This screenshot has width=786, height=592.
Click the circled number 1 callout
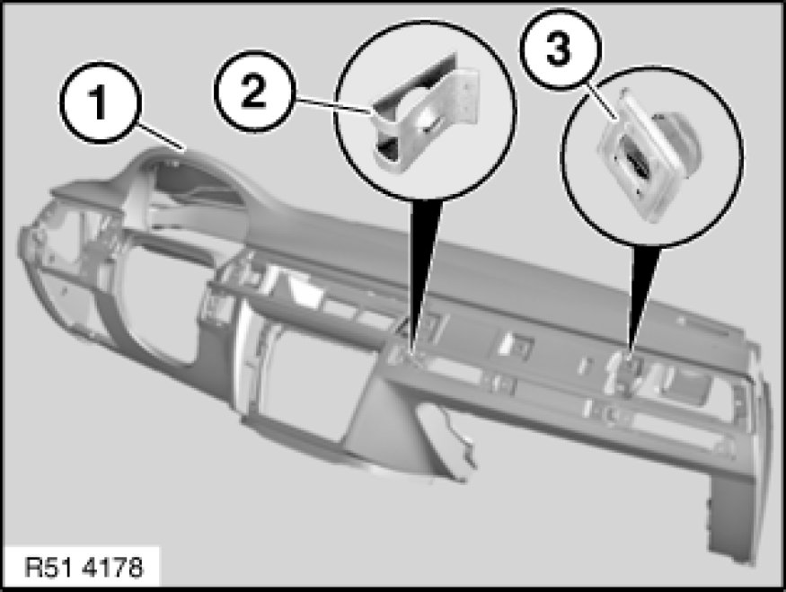point(98,102)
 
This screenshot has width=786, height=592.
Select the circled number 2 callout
point(253,91)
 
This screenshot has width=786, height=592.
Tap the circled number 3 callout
point(559,49)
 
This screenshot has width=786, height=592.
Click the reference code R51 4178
point(84,568)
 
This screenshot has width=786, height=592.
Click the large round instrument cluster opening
point(156,301)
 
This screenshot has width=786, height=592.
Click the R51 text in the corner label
point(49,568)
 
